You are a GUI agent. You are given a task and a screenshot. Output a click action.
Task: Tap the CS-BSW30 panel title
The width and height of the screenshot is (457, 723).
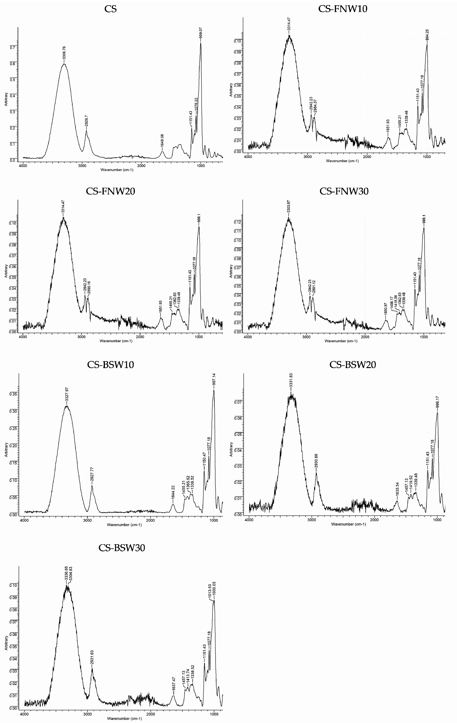pyautogui.click(x=122, y=547)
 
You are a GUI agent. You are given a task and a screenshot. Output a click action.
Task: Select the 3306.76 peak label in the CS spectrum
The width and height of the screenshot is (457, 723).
pyautogui.click(x=64, y=52)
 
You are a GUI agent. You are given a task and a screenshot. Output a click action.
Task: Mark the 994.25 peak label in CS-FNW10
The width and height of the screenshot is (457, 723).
pyautogui.click(x=427, y=35)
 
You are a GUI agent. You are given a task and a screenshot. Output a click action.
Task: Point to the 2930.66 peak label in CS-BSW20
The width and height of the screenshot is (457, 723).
pyautogui.click(x=316, y=461)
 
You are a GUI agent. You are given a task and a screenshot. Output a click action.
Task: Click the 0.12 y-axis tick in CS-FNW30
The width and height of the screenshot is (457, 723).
pyautogui.click(x=237, y=222)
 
